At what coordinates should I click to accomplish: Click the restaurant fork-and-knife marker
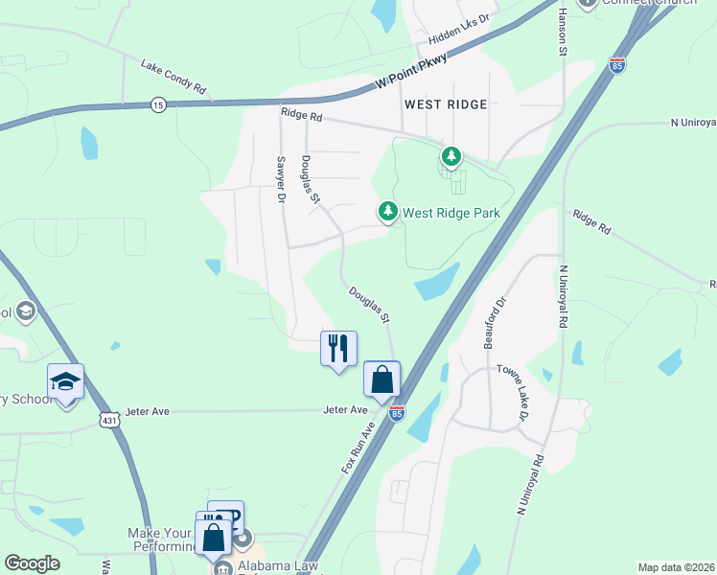tap(337, 348)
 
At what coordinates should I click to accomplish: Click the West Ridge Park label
tap(451, 213)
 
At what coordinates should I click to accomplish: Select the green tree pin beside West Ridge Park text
tap(387, 210)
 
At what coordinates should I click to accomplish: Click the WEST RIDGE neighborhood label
tap(446, 103)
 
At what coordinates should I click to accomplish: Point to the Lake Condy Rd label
tap(173, 77)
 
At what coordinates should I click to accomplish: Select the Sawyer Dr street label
tap(281, 179)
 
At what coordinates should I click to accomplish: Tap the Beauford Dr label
tap(494, 322)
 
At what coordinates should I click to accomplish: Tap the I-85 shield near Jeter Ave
tap(397, 413)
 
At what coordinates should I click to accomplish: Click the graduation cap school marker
tap(65, 382)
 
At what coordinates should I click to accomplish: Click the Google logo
tap(32, 563)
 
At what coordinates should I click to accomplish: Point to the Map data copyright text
tap(676, 567)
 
